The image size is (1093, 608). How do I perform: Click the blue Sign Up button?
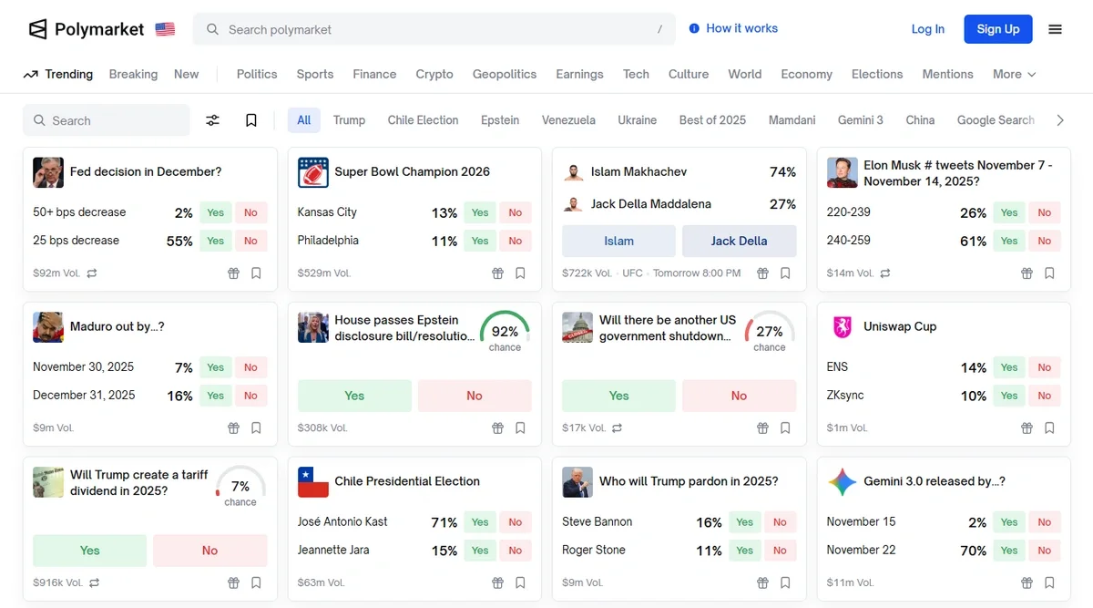pyautogui.click(x=997, y=29)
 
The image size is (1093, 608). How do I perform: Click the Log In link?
pyautogui.click(x=927, y=29)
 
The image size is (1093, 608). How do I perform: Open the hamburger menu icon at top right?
pyautogui.click(x=1055, y=29)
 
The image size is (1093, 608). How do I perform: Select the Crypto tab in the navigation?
pyautogui.click(x=434, y=74)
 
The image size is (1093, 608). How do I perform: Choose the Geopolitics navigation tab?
pyautogui.click(x=504, y=74)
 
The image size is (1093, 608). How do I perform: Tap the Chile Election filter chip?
pyautogui.click(x=423, y=119)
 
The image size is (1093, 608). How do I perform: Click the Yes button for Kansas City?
pyautogui.click(x=479, y=212)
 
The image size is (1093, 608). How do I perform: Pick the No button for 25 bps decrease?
pyautogui.click(x=250, y=241)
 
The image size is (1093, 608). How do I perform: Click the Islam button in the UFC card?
pyautogui.click(x=618, y=241)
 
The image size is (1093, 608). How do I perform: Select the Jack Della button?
pyautogui.click(x=739, y=241)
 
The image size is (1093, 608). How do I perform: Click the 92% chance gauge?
pyautogui.click(x=505, y=333)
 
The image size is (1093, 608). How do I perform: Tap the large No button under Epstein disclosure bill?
pyautogui.click(x=474, y=396)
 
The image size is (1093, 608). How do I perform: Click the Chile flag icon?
pyautogui.click(x=313, y=481)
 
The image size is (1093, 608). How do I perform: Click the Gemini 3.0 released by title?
pyautogui.click(x=934, y=481)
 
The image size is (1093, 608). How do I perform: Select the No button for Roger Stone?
pyautogui.click(x=780, y=551)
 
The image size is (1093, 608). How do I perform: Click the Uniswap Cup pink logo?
pyautogui.click(x=843, y=326)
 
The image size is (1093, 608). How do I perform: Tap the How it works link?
pyautogui.click(x=733, y=28)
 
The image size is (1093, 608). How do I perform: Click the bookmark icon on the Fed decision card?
pyautogui.click(x=256, y=273)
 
